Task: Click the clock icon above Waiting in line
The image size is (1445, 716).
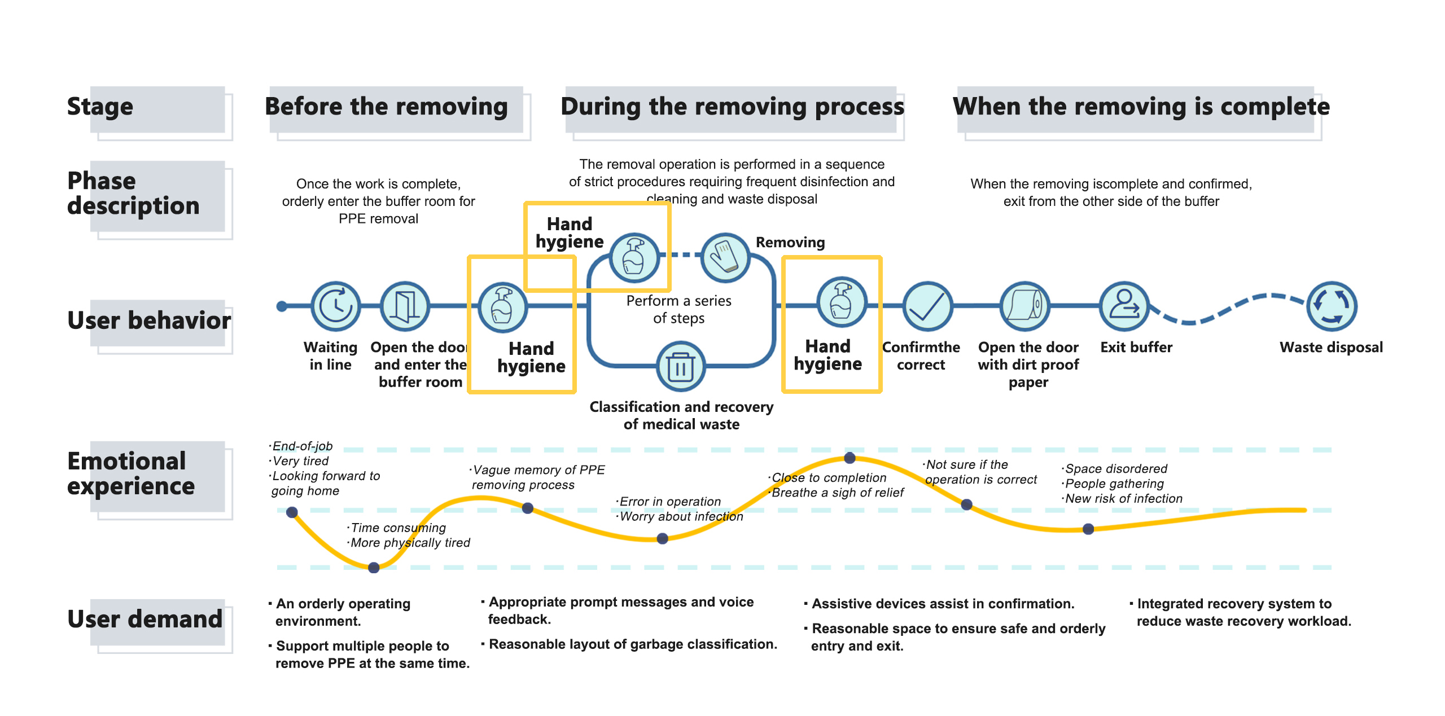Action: click(x=336, y=306)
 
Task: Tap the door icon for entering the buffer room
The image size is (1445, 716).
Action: click(x=405, y=306)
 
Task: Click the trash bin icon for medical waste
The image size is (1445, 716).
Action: click(x=681, y=367)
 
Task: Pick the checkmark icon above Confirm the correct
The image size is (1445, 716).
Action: click(x=927, y=306)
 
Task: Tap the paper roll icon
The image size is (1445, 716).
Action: click(x=1025, y=306)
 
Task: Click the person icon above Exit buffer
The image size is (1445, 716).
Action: click(x=1124, y=306)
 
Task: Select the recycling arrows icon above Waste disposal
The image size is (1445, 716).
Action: click(x=1332, y=306)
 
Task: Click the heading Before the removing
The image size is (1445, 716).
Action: click(x=387, y=107)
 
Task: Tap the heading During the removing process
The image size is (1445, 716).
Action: click(x=732, y=107)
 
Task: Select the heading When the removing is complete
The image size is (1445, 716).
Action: click(x=1141, y=107)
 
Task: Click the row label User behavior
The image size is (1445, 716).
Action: click(x=149, y=320)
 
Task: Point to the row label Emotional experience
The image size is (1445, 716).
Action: click(x=131, y=473)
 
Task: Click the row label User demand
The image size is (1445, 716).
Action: click(x=145, y=620)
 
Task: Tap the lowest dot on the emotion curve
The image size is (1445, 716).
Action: click(x=374, y=568)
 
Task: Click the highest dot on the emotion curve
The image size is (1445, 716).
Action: click(x=850, y=458)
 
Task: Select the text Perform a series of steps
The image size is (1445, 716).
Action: click(x=678, y=309)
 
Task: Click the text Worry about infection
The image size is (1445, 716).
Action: click(x=681, y=516)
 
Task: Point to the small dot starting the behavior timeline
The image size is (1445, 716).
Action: click(x=282, y=306)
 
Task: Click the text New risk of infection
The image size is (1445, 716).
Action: click(x=1123, y=499)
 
